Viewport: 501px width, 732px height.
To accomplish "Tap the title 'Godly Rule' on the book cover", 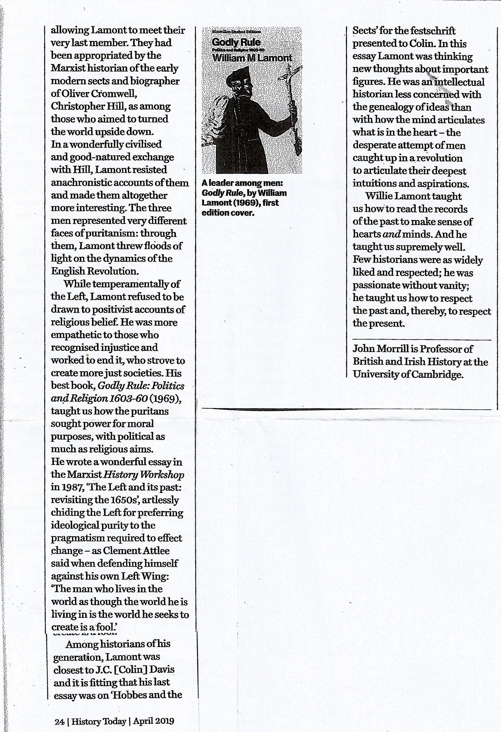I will click(236, 42).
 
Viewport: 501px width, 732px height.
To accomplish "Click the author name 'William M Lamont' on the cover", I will click(252, 58).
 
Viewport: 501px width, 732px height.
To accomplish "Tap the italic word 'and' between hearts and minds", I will click(390, 234).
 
